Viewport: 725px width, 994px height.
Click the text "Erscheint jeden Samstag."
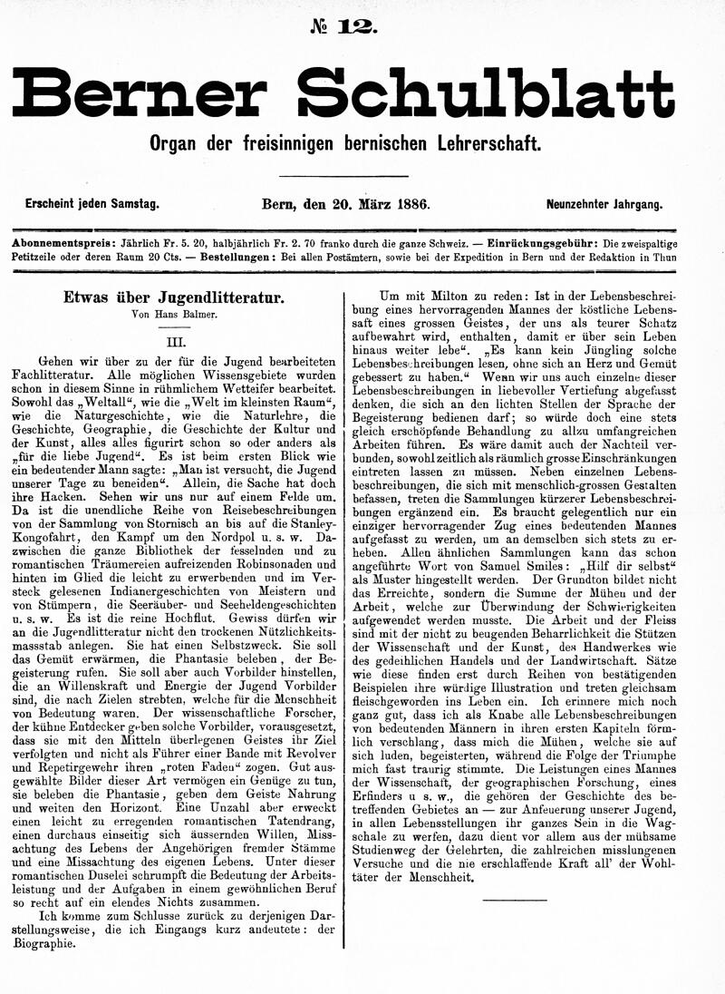point(92,205)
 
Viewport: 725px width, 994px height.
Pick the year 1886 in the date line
point(412,205)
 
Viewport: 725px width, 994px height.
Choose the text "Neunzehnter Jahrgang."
point(604,205)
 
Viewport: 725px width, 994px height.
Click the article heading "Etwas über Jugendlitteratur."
point(173,296)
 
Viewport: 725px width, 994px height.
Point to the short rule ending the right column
point(515,899)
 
